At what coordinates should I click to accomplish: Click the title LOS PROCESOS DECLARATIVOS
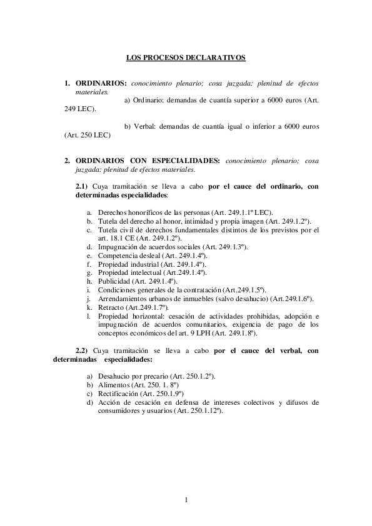click(186, 57)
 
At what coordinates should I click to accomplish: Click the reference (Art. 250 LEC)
click(88, 135)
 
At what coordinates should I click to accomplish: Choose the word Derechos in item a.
click(113, 212)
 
